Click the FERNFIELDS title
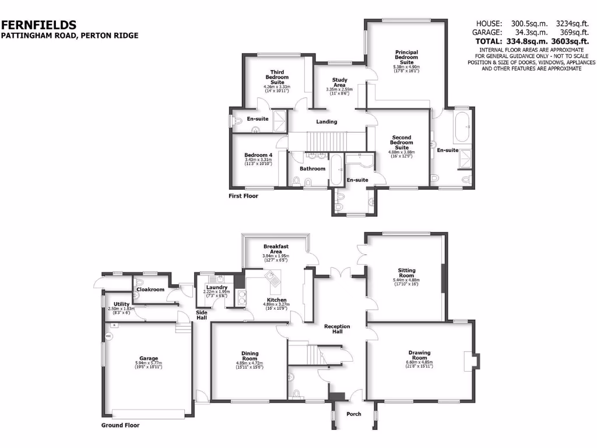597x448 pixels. pos(38,24)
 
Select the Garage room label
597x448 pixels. pos(148,358)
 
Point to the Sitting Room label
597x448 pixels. pos(406,273)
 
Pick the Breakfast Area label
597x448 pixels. pos(276,249)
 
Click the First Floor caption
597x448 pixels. pos(243,196)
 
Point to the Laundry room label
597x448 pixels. pos(216,287)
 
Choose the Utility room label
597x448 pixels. pos(121,304)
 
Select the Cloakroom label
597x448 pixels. pos(150,289)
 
